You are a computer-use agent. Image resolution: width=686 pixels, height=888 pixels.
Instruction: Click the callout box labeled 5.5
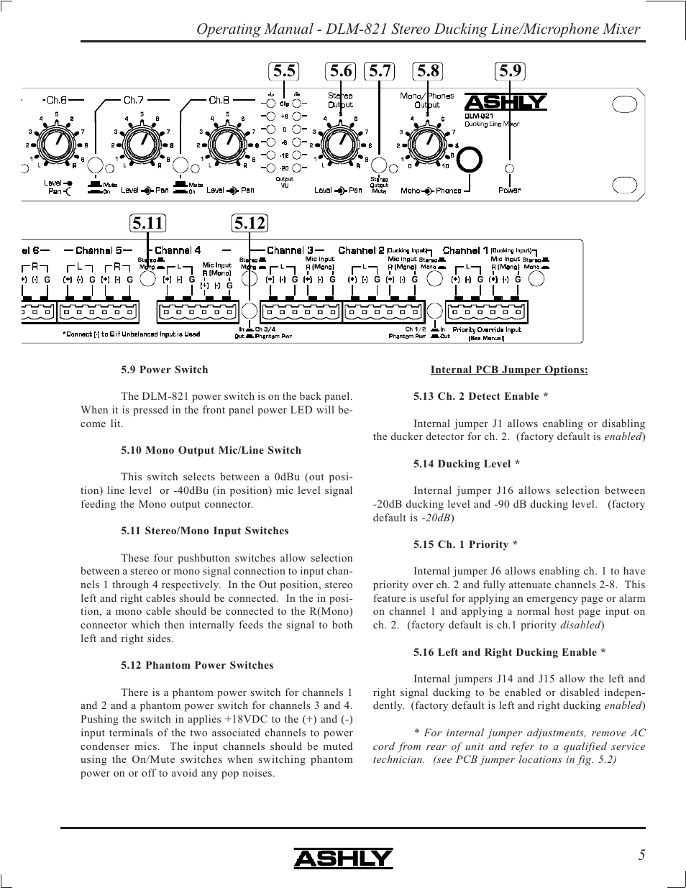point(285,70)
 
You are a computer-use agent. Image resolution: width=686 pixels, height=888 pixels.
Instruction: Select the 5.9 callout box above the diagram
point(510,70)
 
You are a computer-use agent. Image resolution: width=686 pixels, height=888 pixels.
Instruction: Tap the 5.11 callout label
point(148,223)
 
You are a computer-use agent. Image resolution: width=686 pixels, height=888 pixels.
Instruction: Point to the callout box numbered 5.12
point(250,223)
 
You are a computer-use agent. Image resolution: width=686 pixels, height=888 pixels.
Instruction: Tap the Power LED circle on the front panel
point(510,168)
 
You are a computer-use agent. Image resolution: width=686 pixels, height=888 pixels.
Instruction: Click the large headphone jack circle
point(470,160)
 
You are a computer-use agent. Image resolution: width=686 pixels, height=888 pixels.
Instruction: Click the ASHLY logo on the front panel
point(506,102)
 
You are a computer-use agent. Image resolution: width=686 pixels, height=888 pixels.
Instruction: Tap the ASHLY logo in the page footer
point(343,858)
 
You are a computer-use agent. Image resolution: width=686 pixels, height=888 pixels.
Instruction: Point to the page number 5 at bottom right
point(641,855)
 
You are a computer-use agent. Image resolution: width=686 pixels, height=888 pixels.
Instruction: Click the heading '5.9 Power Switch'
point(165,370)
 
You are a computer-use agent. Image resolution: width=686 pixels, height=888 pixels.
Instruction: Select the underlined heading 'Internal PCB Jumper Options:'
point(509,370)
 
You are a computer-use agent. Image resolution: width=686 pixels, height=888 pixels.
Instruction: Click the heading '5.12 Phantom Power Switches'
point(197,665)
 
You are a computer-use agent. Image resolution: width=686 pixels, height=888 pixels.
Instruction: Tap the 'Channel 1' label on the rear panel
point(465,250)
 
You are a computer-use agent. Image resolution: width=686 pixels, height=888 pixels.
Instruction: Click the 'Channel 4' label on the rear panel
point(178,250)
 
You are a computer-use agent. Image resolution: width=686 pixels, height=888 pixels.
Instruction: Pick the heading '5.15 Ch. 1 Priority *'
point(465,544)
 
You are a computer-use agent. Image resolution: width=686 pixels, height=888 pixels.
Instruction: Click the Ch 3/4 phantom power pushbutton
point(249,311)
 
